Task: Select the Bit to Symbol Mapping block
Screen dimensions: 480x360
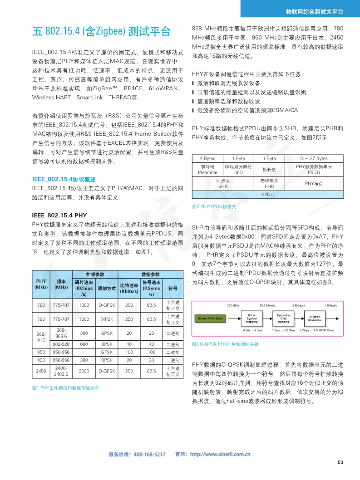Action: click(x=252, y=318)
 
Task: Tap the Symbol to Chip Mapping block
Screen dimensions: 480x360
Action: click(x=283, y=318)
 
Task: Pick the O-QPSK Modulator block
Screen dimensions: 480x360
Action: click(x=316, y=318)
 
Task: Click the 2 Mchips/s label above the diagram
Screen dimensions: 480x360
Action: click(x=300, y=305)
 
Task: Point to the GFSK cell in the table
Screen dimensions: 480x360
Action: click(x=107, y=352)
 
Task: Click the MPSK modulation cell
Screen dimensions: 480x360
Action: click(x=107, y=319)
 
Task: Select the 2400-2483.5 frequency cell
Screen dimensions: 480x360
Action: click(x=61, y=371)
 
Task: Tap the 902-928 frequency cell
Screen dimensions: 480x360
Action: click(x=61, y=344)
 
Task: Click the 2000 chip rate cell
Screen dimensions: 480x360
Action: click(x=84, y=371)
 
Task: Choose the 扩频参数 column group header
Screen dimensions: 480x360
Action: click(x=95, y=274)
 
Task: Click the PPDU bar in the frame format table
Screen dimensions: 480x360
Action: click(x=268, y=194)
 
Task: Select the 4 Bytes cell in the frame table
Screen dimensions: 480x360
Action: click(x=207, y=158)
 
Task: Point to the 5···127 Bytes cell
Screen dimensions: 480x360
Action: click(x=314, y=158)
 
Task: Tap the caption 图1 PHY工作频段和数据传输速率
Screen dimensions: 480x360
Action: click(x=65, y=388)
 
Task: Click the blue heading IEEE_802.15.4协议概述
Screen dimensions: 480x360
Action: click(x=64, y=179)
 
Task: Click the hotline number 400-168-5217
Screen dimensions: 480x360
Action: click(x=150, y=454)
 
